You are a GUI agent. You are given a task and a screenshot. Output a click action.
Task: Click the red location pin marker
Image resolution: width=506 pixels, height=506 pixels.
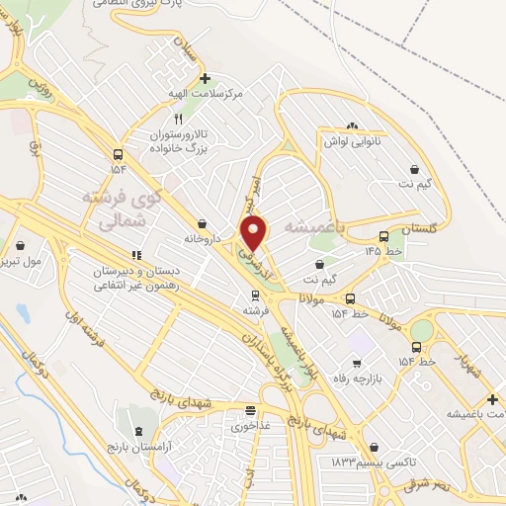tap(255, 233)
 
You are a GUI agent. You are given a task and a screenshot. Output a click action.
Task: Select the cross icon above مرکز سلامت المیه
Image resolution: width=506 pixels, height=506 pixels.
tap(205, 78)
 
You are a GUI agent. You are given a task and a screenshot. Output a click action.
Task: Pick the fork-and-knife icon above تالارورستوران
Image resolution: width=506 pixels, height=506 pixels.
tap(179, 119)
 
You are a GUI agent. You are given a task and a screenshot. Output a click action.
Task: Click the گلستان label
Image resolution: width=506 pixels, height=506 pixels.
tap(419, 228)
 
